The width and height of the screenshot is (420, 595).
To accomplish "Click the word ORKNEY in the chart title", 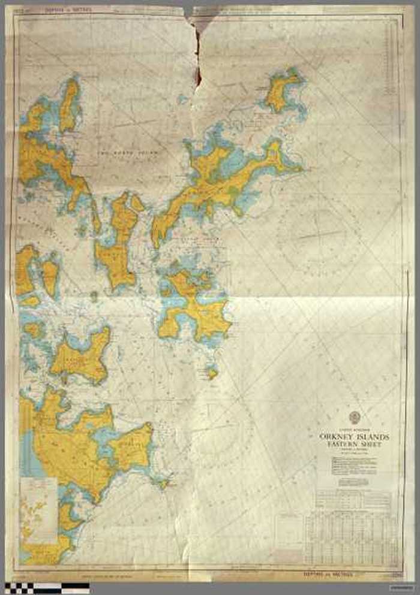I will click(340, 437).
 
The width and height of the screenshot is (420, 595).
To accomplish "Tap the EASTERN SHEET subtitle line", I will click(354, 445).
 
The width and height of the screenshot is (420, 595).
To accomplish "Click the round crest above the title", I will click(354, 418).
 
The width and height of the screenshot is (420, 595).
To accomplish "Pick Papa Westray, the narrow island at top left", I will click(69, 105).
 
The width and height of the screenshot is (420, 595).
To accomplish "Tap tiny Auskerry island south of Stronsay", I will click(212, 373).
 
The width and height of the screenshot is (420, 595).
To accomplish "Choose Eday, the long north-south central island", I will click(120, 240).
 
